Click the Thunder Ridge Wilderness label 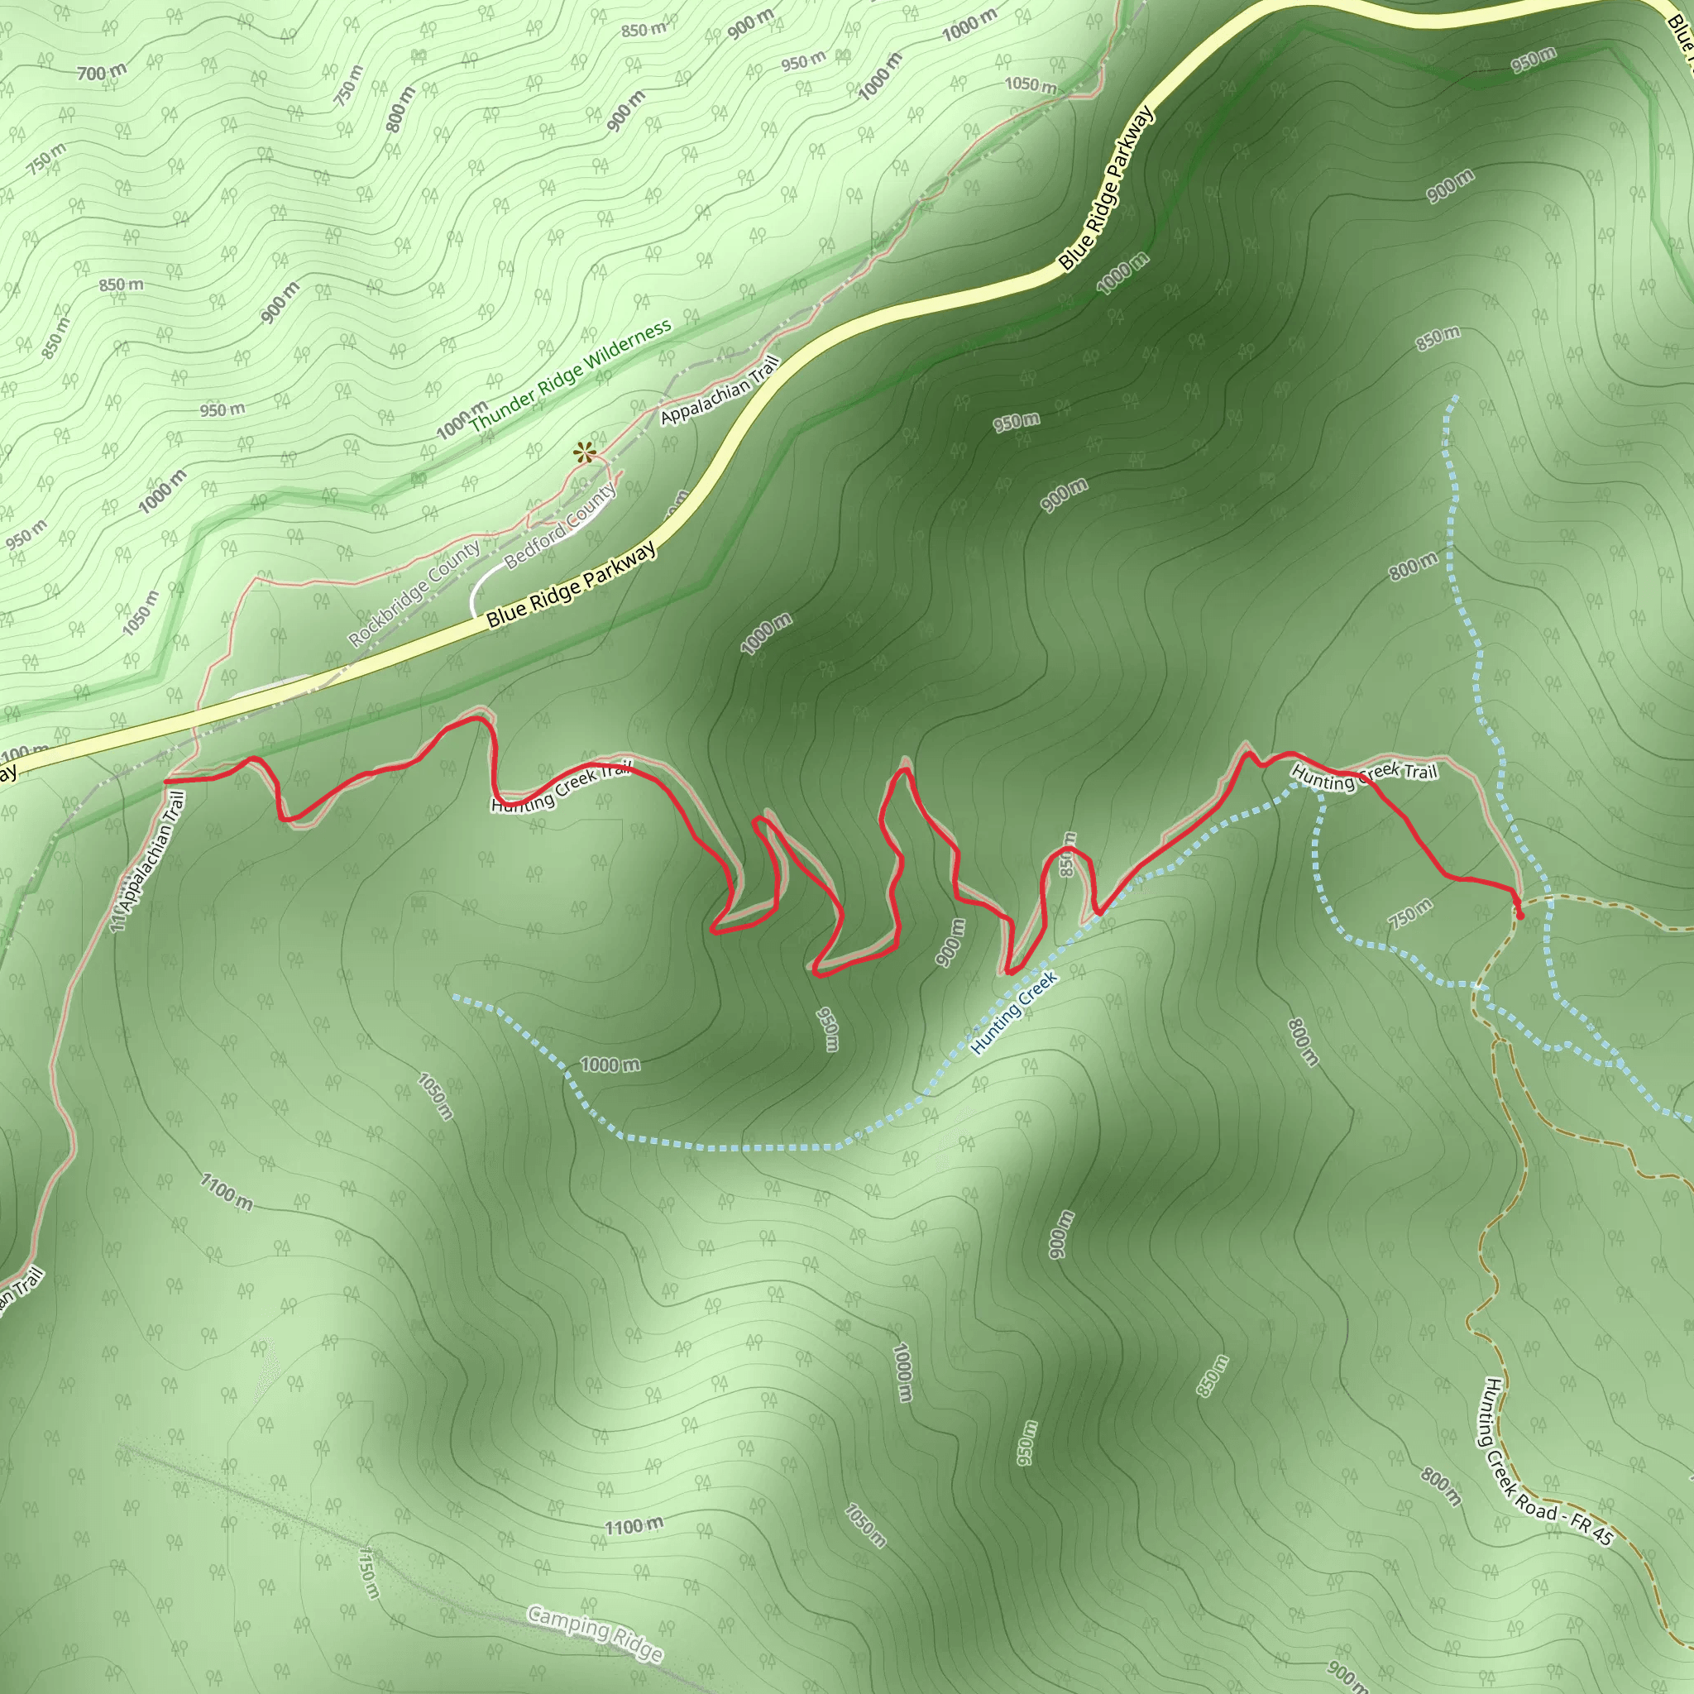[x=571, y=376]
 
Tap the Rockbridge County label [x=414, y=594]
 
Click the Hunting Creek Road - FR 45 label [x=1546, y=1462]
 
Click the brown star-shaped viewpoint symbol [x=584, y=453]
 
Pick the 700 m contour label [x=102, y=73]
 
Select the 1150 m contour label [x=369, y=1572]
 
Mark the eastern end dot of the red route [x=1519, y=916]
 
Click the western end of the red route [x=166, y=780]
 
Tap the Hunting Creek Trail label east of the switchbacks [x=1364, y=776]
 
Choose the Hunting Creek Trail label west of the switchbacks [x=561, y=787]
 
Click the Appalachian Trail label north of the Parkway [x=720, y=390]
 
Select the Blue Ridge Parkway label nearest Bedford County [x=572, y=586]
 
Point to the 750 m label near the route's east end [x=1411, y=915]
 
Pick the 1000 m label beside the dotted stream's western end [x=610, y=1065]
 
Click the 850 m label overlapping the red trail [x=1067, y=853]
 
